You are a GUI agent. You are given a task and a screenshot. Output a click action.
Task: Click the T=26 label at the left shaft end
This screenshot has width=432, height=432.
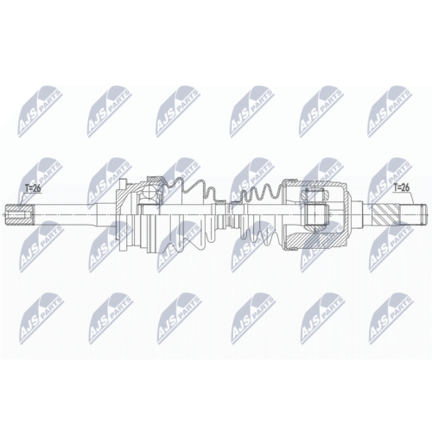[34, 188]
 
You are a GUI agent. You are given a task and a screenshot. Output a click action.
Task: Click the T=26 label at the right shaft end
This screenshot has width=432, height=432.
[402, 187]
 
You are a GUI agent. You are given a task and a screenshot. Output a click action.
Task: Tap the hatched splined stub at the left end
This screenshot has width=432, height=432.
[19, 215]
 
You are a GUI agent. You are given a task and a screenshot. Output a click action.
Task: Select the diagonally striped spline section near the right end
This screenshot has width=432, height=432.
[386, 215]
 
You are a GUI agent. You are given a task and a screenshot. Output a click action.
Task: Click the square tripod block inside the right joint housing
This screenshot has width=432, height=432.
[316, 215]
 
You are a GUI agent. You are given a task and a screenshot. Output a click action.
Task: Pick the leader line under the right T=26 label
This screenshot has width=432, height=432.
[412, 198]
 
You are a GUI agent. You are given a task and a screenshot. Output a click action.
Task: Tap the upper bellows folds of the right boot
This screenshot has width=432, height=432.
[259, 193]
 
